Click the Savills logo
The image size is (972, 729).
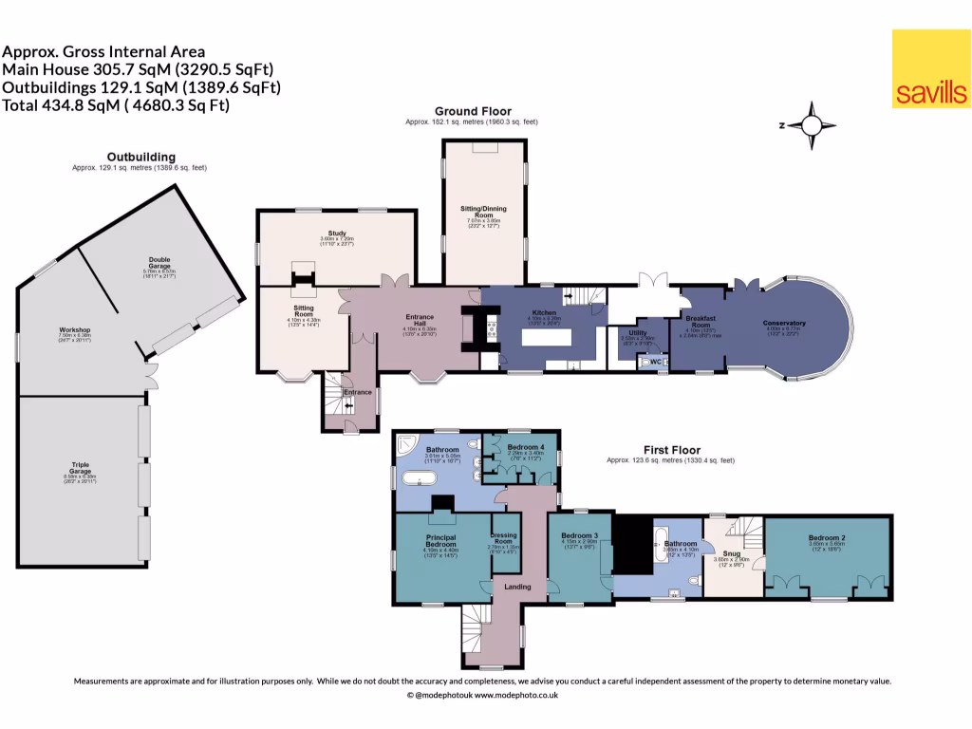pos(930,67)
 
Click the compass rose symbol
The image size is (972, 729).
pos(812,126)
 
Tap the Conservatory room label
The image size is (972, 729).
pos(784,323)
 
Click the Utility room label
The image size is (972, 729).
pos(638,332)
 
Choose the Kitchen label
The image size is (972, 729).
pos(543,311)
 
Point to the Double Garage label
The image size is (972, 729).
pos(159,261)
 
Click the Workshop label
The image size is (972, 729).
pos(74,330)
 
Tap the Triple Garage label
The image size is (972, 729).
pos(81,467)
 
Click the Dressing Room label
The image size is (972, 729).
pos(504,538)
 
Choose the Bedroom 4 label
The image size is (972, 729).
pos(526,446)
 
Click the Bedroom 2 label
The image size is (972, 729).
pos(827,537)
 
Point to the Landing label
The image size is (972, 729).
pos(517,586)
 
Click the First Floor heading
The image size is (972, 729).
pos(671,450)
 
